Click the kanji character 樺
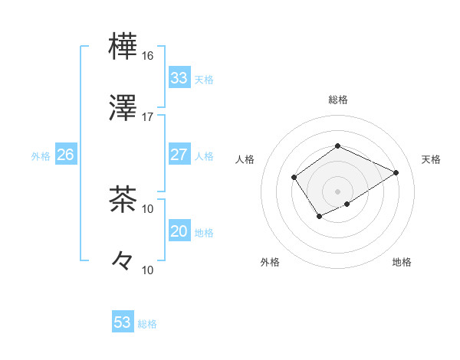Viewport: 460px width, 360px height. (123, 46)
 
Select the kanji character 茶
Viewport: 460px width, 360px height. (123, 199)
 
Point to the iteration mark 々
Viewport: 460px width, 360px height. (123, 261)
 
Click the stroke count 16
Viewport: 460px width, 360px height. (148, 56)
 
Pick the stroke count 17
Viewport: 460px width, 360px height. (148, 117)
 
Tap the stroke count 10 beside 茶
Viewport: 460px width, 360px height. (148, 208)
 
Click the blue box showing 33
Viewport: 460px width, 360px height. (179, 78)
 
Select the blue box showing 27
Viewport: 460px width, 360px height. (179, 155)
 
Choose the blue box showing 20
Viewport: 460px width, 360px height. (179, 231)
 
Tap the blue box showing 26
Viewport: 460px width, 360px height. (65, 155)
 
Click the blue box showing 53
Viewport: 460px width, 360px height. (123, 322)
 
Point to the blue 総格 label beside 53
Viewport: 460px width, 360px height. (147, 324)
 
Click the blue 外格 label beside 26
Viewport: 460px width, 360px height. (41, 156)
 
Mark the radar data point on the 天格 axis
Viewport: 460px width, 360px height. (396, 172)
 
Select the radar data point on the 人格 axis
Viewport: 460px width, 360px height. (294, 178)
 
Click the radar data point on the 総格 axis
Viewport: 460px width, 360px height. (337, 146)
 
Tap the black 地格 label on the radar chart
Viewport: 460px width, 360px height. (402, 263)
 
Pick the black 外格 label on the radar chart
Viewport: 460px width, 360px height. (270, 263)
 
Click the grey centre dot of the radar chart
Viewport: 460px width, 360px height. (337, 191)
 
